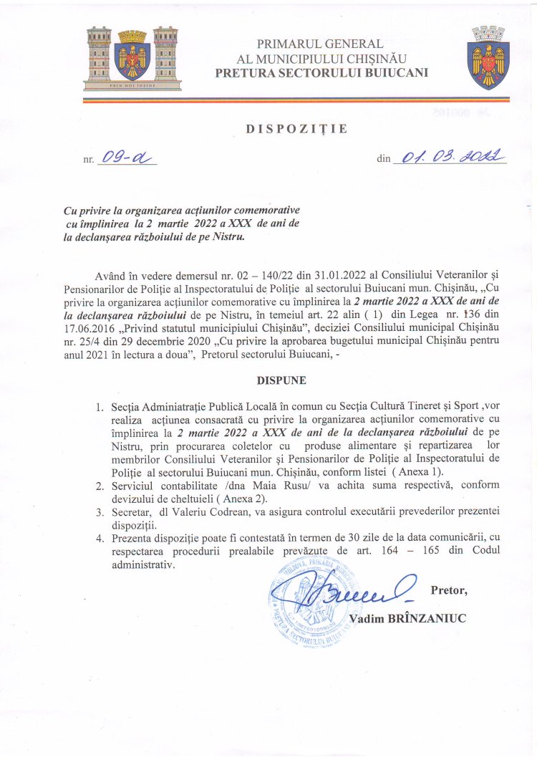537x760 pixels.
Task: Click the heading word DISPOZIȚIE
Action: coord(296,129)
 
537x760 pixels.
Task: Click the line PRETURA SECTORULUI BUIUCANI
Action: coord(321,73)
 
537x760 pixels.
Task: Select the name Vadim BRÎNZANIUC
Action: coord(407,618)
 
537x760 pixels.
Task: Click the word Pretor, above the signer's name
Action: coord(449,591)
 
